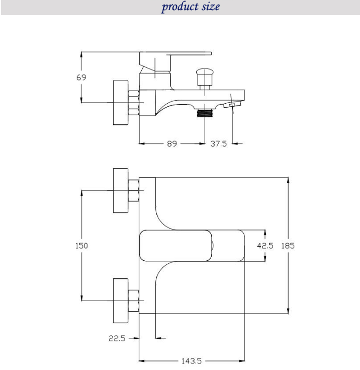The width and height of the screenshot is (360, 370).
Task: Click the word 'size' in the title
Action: click(x=211, y=6)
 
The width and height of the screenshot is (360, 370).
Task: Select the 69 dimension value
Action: click(x=81, y=78)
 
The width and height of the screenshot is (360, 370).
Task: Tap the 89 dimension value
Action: click(x=172, y=143)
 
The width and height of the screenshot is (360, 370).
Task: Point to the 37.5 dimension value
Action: click(x=219, y=143)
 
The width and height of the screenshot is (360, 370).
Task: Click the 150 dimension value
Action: click(x=81, y=246)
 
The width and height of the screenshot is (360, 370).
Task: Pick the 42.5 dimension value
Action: click(x=265, y=246)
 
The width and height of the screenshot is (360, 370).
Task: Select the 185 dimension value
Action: click(x=288, y=246)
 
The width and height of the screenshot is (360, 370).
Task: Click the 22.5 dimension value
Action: click(x=117, y=338)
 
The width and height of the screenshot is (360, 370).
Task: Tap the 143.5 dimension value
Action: click(x=192, y=361)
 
